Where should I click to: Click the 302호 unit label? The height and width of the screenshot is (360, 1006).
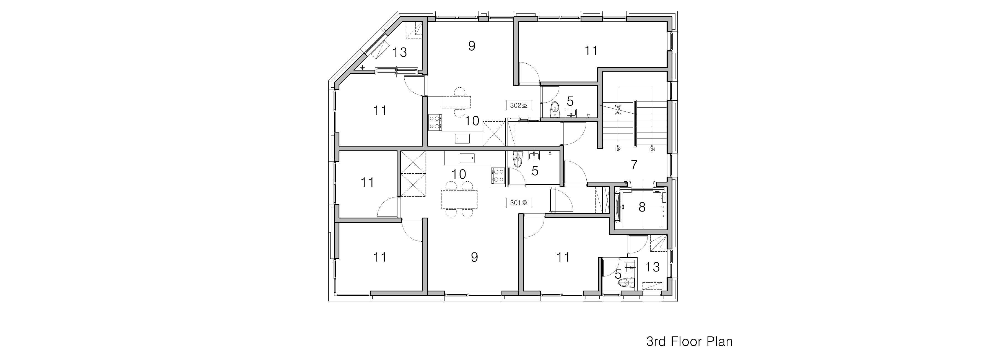pyautogui.click(x=519, y=105)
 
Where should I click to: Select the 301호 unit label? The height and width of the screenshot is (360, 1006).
pyautogui.click(x=519, y=203)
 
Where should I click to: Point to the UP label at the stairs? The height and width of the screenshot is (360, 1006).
pyautogui.click(x=618, y=149)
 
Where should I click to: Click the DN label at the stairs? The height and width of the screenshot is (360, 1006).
pyautogui.click(x=652, y=149)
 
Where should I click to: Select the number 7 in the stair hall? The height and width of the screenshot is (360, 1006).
pyautogui.click(x=634, y=165)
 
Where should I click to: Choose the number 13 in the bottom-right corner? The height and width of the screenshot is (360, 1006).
pyautogui.click(x=653, y=267)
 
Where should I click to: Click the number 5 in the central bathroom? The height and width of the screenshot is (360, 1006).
pyautogui.click(x=535, y=171)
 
